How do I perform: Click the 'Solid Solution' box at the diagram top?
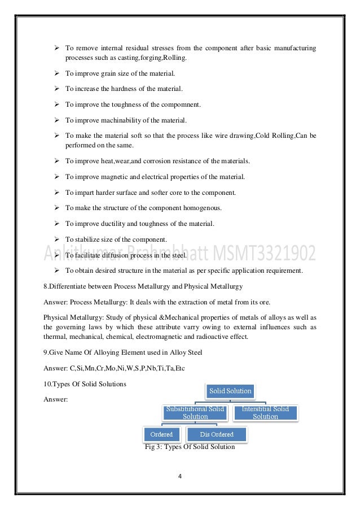pos(230,391)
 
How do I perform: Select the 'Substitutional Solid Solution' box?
pos(195,412)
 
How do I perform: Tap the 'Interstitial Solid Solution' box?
pos(265,412)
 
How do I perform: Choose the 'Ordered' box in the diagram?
pos(161,434)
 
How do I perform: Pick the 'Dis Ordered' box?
pos(217,434)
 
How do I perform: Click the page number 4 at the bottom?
pos(179,476)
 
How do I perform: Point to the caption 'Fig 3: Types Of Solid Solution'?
pos(190,447)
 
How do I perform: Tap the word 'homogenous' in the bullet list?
pos(201,208)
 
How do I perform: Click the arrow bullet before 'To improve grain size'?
pos(57,73)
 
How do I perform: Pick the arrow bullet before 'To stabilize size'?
pos(57,239)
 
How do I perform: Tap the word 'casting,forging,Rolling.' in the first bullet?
pos(145,58)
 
